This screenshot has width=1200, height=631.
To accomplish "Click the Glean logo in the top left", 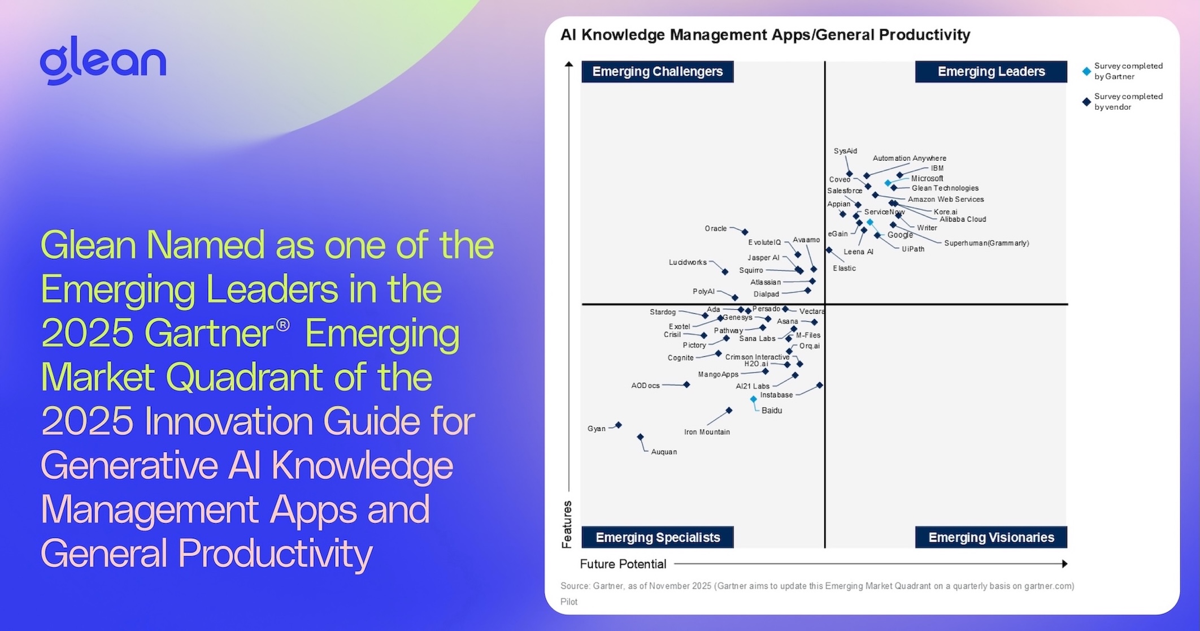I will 103,60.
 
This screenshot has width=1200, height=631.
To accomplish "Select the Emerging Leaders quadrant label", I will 991,72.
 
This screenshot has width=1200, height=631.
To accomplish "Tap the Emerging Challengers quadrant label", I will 657,72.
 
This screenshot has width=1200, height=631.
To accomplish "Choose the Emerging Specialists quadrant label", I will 657,537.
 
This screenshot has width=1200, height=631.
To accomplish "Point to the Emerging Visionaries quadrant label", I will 991,537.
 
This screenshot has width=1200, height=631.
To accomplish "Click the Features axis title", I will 567,524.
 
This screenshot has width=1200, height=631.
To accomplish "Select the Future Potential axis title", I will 623,564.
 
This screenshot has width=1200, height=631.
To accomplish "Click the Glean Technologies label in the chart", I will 945,188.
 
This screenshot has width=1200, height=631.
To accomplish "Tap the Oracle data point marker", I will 745,232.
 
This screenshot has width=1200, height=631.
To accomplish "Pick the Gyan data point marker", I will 619,425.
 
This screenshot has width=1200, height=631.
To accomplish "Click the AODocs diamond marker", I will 686,384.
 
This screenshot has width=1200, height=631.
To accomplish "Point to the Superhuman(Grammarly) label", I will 986,243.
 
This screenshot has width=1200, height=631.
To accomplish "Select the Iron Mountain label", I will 707,432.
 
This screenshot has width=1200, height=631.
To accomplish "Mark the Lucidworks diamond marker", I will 725,272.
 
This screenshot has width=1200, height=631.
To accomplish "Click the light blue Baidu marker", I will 753,399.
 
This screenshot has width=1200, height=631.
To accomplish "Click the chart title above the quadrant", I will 765,35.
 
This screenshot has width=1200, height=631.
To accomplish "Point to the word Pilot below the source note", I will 569,602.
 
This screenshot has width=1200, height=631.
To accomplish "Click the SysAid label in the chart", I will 845,151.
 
